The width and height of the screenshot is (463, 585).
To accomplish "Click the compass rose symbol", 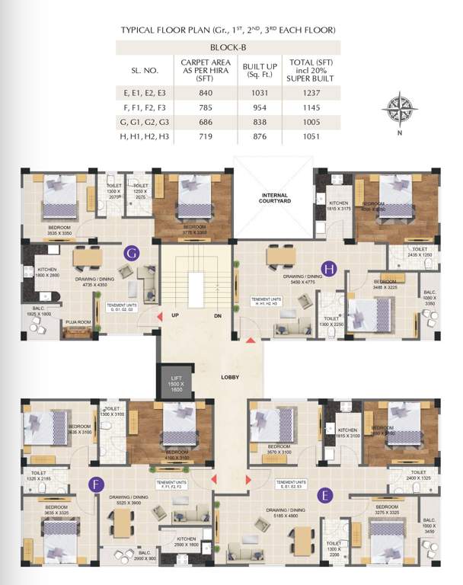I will pos(398,106).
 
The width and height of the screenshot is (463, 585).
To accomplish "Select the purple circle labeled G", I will pos(131,254).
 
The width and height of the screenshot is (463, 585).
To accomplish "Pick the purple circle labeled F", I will pos(96,484).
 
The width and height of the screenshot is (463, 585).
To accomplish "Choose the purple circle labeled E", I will pos(326,496).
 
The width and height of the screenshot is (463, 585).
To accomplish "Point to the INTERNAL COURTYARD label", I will pos(273,197).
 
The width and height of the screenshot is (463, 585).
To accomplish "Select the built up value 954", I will pos(259,107).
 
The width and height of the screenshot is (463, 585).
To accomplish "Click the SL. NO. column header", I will pos(145,70).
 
